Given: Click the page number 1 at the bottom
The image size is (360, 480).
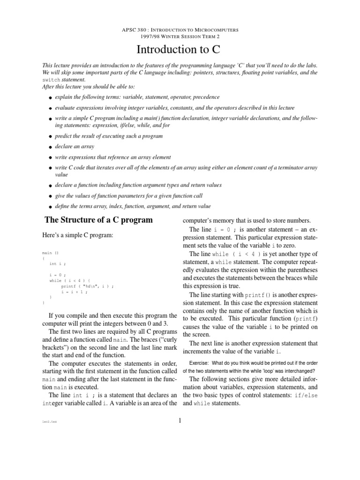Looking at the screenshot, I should tap(180, 420).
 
